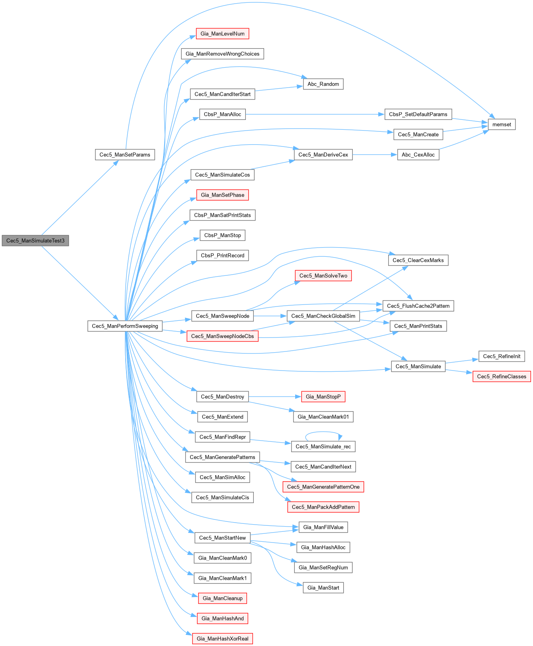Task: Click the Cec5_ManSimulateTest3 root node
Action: click(x=35, y=240)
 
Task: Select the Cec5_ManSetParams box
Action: click(x=125, y=154)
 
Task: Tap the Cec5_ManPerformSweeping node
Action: click(x=125, y=326)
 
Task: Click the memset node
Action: click(x=502, y=124)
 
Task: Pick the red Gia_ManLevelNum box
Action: click(x=222, y=33)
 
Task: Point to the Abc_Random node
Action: click(x=323, y=84)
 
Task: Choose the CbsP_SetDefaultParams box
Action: click(x=418, y=114)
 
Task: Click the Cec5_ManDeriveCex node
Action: click(x=323, y=154)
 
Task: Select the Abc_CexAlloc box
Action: click(x=418, y=154)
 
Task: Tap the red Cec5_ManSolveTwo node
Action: click(x=323, y=275)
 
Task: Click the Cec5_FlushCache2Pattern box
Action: click(x=418, y=306)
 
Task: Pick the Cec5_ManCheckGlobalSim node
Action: click(x=323, y=316)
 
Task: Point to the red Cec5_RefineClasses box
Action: click(x=502, y=376)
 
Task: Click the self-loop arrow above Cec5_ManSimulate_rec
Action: click(x=323, y=432)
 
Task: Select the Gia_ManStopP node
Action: click(x=323, y=396)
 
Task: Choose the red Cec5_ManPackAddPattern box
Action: click(x=323, y=507)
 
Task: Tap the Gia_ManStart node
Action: click(x=323, y=587)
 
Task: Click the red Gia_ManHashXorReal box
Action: click(x=222, y=638)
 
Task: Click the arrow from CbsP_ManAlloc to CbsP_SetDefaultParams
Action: click(x=314, y=114)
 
